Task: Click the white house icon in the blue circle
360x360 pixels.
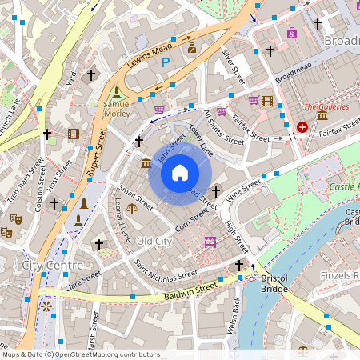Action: (180, 173)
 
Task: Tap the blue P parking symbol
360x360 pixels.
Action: (166, 62)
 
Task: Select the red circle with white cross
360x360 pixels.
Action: (302, 126)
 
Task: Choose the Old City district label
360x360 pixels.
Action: (154, 241)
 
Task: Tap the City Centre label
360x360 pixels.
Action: (52, 265)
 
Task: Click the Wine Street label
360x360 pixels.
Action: (244, 190)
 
